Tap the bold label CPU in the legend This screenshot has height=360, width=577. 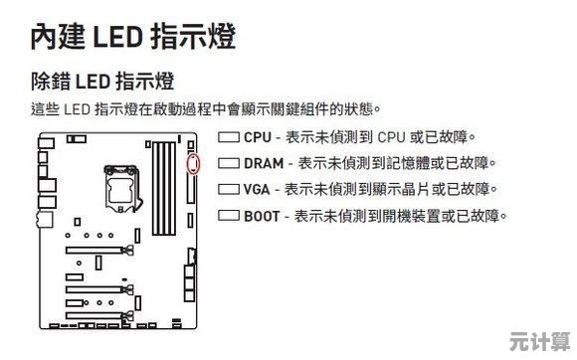pos(258,137)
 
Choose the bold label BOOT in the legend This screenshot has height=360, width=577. pos(263,215)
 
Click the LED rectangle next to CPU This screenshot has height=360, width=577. pos(229,137)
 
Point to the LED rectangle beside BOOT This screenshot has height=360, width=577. pos(229,215)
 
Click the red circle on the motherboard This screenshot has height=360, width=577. pos(194,162)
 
